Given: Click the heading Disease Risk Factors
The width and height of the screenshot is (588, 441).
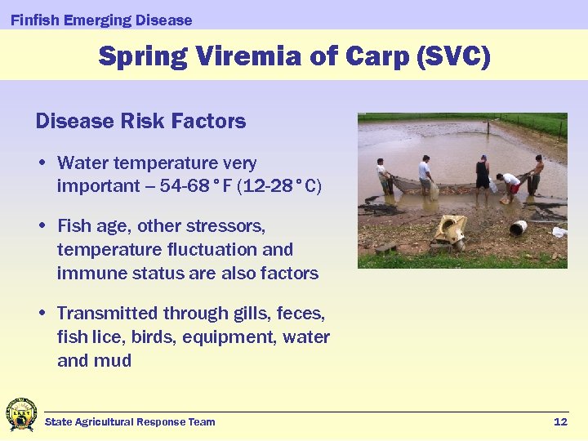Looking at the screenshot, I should pos(140,122).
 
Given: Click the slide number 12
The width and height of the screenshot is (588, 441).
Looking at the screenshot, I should pos(560,421).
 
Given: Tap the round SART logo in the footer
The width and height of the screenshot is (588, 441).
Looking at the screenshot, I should pos(20,415).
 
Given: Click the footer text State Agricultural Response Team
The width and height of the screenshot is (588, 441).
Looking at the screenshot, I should pos(130,421).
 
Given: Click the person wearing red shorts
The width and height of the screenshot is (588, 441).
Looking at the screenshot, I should pos(510,185).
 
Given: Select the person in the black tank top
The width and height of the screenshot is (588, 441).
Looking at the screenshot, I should pos(483,172).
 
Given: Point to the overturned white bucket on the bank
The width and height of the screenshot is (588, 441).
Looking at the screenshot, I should pos(518,228).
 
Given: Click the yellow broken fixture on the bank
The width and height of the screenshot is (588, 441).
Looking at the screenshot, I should pos(451,229).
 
